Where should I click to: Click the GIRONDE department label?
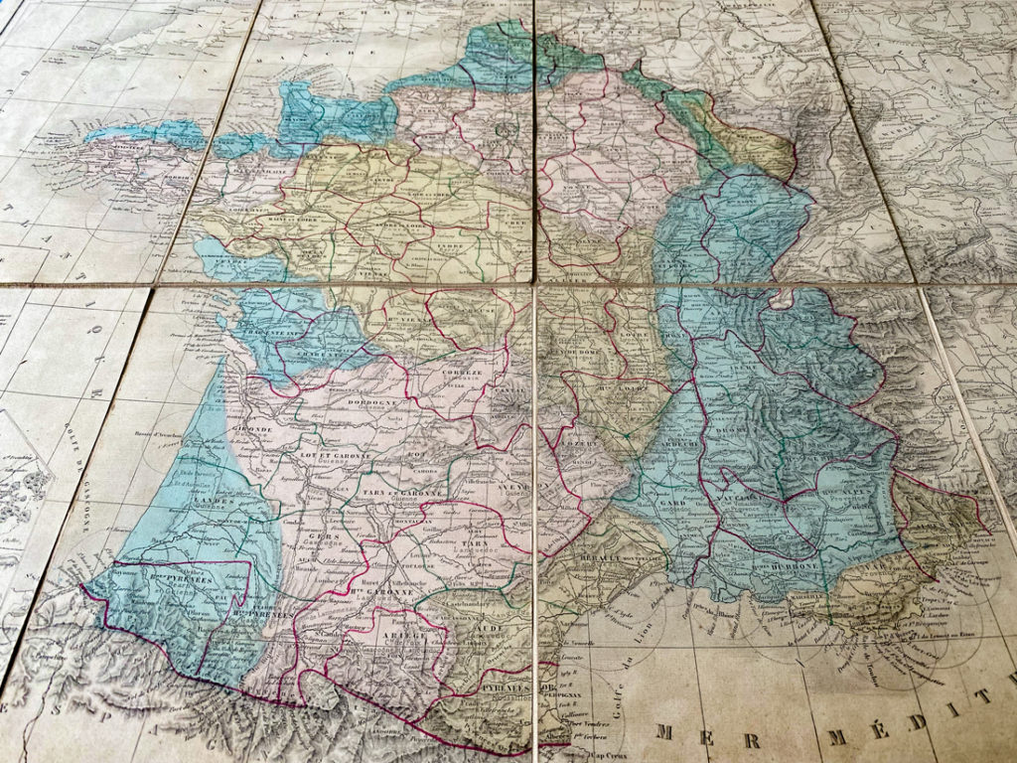253,428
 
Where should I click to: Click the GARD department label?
668,503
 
